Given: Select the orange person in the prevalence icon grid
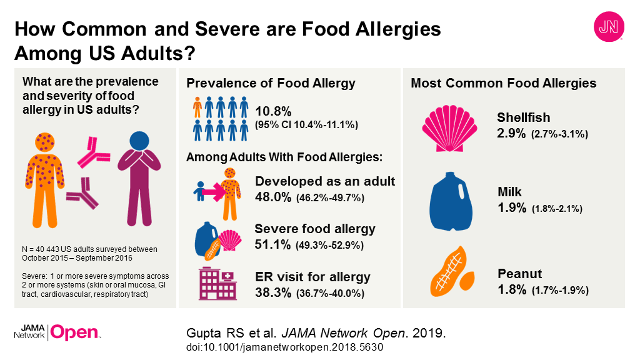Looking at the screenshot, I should (197, 107).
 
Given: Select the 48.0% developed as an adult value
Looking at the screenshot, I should (276, 197).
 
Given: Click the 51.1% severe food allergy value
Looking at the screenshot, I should (275, 244).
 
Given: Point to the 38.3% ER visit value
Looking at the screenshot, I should (276, 291).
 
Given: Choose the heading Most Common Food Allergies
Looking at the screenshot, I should (503, 83).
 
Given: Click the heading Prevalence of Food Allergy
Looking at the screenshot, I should (271, 83).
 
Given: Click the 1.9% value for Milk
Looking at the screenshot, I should (512, 208).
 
